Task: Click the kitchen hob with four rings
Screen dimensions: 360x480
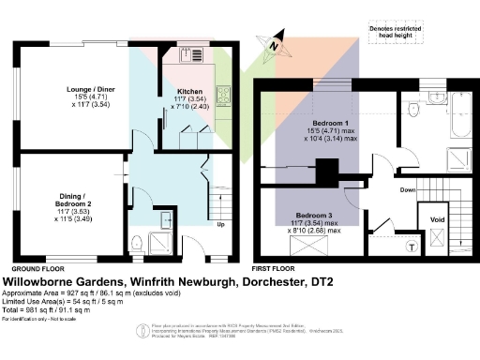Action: pyautogui.click(x=225, y=94)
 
